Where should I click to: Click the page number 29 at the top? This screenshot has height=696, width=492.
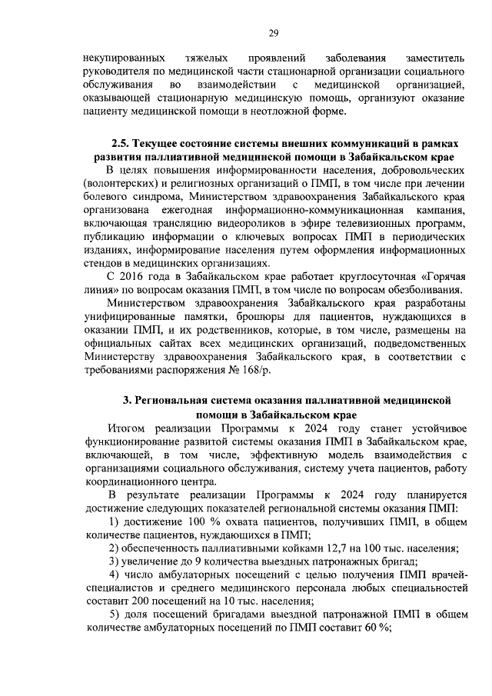click(273, 32)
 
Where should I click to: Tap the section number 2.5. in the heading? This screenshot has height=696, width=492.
click(121, 144)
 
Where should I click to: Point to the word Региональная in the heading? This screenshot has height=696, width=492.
click(184, 401)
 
